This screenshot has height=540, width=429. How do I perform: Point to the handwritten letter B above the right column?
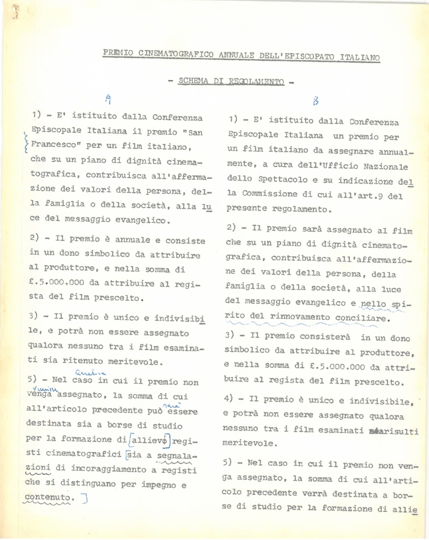(315, 102)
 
